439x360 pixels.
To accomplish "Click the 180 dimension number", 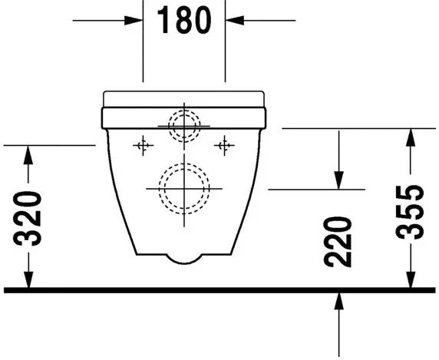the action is coord(184,20).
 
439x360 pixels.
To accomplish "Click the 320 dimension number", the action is coord(28,219).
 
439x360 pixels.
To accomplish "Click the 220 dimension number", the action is coord(338,242).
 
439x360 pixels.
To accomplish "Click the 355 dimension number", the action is coord(410,213).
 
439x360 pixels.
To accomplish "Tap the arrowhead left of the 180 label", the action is coord(134,21).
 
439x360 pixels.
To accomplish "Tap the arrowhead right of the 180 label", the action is coord(235,21).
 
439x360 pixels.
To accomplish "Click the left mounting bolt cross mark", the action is coord(143,145).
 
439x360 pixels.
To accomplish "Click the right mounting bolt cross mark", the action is coord(224,145).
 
